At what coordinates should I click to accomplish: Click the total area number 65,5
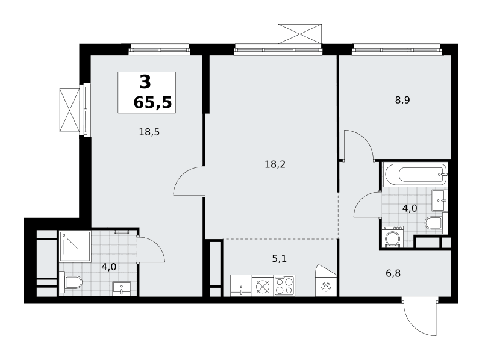[x=152, y=102]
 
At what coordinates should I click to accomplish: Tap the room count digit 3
[x=145, y=82]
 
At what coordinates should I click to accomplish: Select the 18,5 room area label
[x=149, y=132]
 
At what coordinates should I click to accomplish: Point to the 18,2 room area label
[x=275, y=164]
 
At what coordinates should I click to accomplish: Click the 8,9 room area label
[x=402, y=100]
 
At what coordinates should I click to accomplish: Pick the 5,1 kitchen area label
[x=279, y=258]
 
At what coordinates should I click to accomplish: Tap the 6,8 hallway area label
[x=393, y=273]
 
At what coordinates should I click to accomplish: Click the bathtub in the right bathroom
[x=416, y=175]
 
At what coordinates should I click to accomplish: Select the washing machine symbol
[x=393, y=237]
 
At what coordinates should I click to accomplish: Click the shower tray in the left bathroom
[x=75, y=247]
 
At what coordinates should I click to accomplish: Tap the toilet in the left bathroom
[x=71, y=282]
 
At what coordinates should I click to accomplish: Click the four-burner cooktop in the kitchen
[x=284, y=285]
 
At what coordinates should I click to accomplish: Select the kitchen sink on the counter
[x=241, y=286]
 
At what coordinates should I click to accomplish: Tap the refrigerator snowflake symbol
[x=325, y=287]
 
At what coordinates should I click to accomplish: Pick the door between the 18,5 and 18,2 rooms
[x=188, y=181]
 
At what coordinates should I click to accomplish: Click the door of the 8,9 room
[x=359, y=145]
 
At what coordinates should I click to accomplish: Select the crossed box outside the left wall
[x=69, y=111]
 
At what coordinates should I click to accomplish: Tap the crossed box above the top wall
[x=299, y=34]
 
